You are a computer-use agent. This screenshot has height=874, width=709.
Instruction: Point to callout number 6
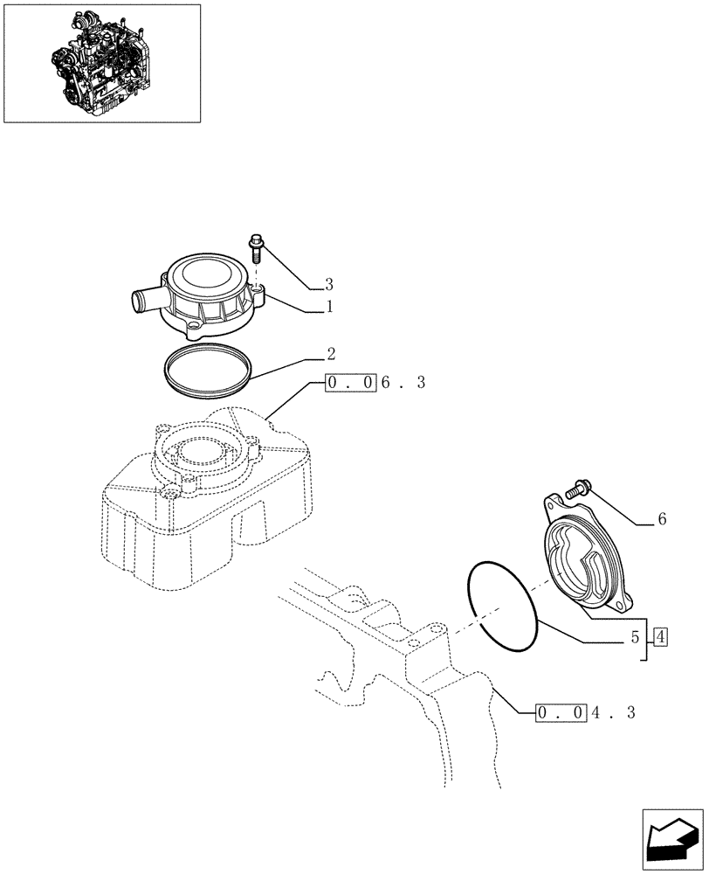pyautogui.click(x=661, y=519)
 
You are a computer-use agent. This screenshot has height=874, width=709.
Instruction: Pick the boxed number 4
pyautogui.click(x=659, y=637)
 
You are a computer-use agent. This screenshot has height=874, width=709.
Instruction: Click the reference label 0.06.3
pyautogui.click(x=375, y=384)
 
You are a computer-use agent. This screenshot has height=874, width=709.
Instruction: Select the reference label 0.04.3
pyautogui.click(x=585, y=712)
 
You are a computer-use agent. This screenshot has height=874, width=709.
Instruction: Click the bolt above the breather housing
pyautogui.click(x=257, y=246)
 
